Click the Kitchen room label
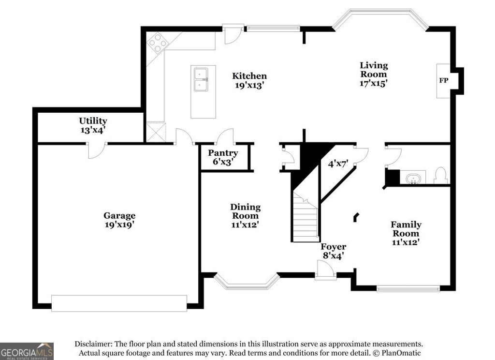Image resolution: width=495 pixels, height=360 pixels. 249,76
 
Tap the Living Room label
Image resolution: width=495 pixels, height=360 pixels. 374,70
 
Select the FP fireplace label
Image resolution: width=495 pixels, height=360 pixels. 443,80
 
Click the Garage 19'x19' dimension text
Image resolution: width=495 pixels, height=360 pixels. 119,225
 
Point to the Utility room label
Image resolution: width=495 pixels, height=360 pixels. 93,121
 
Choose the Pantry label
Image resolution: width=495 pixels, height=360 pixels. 223,153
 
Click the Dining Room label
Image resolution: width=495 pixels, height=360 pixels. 245,211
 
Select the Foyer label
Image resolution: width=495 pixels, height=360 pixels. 334,247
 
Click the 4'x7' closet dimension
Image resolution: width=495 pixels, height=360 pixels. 338,164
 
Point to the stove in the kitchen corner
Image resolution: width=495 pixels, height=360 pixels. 157,43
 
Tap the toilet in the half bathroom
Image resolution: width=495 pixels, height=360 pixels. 440,175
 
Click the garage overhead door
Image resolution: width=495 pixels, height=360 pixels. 119,303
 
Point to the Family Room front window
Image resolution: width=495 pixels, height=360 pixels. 408,289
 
